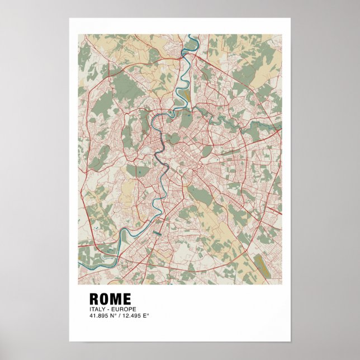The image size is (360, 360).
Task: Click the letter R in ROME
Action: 94,299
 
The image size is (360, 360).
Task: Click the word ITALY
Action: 96,309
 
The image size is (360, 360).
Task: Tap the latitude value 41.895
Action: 98,316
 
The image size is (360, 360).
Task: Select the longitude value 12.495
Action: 131,316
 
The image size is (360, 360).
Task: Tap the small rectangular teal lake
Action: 157,231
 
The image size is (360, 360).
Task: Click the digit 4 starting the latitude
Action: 91,316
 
